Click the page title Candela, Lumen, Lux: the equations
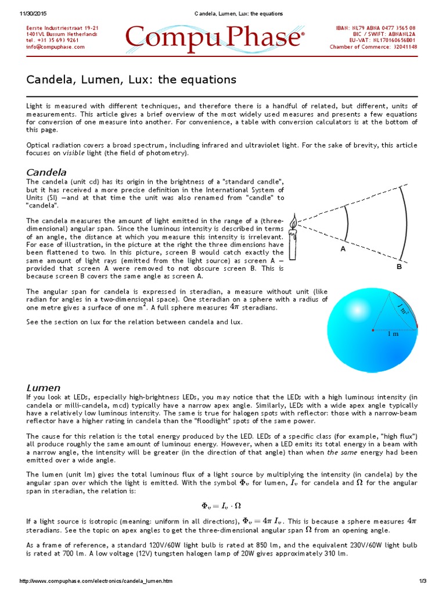click(x=131, y=80)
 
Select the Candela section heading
click(x=47, y=173)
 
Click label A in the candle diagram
click(x=343, y=248)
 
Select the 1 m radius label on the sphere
click(x=393, y=334)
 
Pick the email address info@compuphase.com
click(x=56, y=47)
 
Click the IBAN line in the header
click(x=376, y=28)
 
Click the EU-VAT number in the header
click(x=383, y=41)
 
